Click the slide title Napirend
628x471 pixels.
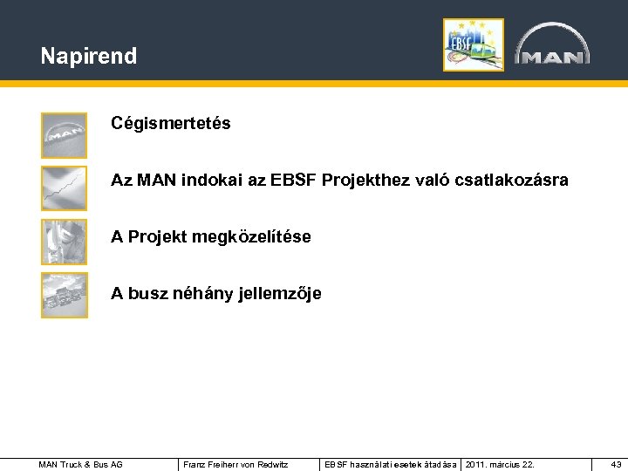(88, 57)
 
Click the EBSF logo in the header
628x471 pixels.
(473, 44)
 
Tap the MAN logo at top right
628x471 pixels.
(551, 45)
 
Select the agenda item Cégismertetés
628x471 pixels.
(170, 124)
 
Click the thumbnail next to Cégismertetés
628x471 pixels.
(65, 135)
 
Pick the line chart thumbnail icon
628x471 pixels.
(65, 188)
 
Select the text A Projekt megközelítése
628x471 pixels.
(210, 237)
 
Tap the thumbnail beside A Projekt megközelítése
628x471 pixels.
(65, 242)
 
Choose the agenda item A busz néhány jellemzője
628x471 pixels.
(215, 294)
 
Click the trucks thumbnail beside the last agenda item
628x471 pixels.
(65, 296)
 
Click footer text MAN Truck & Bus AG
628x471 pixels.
(81, 464)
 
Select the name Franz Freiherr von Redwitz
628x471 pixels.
(235, 464)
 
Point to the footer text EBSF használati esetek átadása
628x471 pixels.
(390, 464)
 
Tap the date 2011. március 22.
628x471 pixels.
(497, 464)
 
